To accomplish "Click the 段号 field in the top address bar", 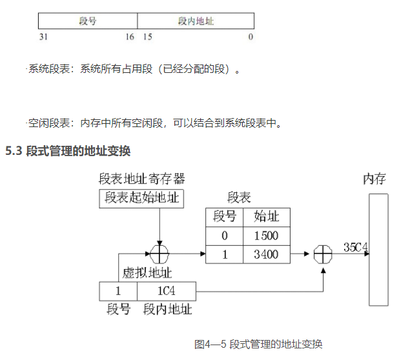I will [88, 21].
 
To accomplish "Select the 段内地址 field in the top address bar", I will [196, 21].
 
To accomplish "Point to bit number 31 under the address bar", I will [43, 37].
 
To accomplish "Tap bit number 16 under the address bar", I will [130, 37].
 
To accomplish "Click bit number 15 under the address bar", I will [147, 37].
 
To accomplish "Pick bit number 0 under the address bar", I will [251, 37].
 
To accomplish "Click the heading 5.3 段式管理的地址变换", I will [68, 152].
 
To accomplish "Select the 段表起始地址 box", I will [141, 198].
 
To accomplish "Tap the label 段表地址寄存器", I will [141, 179].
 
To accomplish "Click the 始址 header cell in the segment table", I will [266, 217].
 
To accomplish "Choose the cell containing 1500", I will [266, 235].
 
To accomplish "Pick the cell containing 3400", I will [266, 254].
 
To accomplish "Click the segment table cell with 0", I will [225, 235].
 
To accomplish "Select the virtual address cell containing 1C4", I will [166, 291].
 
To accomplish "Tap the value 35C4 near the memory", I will [356, 247].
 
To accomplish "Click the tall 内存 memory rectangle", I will [378, 248].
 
